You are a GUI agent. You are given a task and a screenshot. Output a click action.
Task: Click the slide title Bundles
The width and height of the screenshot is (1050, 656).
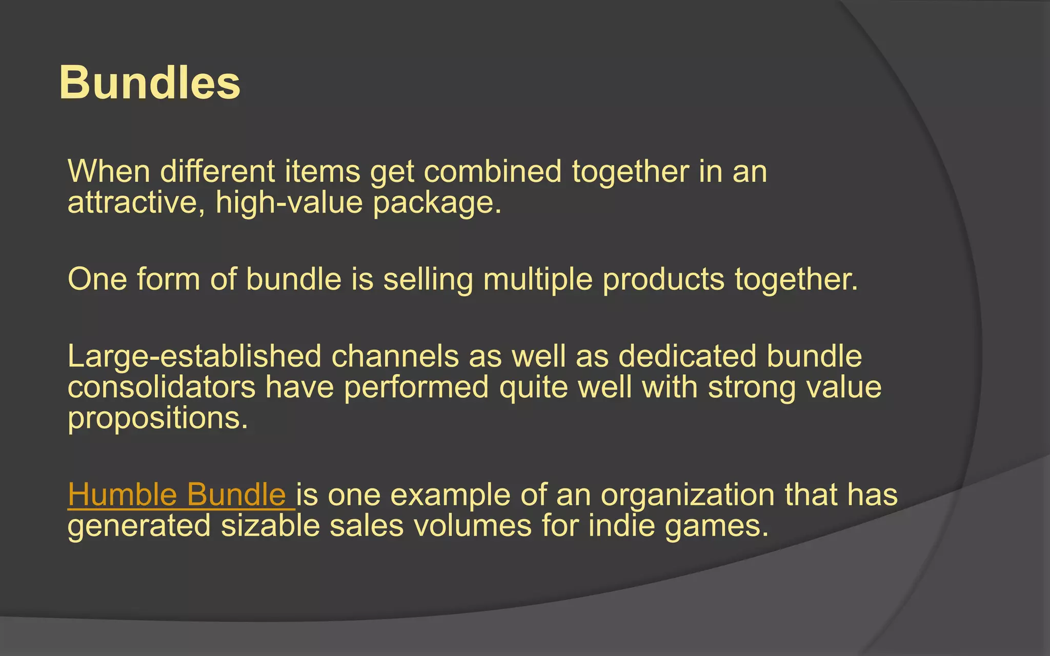(149, 83)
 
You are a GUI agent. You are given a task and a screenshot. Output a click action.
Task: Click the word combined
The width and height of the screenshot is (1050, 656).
(492, 171)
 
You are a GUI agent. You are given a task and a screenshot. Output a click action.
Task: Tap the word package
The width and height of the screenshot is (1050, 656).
(436, 203)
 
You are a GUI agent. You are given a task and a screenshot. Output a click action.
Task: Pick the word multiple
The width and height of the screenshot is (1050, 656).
(537, 279)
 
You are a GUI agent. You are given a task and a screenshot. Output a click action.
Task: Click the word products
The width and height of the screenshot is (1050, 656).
(663, 279)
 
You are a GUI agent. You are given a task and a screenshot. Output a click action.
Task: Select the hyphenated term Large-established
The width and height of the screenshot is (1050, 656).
(194, 356)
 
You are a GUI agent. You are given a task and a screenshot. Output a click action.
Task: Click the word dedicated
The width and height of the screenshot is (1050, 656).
(687, 356)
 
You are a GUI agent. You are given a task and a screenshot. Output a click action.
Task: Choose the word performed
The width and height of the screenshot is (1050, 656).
(416, 387)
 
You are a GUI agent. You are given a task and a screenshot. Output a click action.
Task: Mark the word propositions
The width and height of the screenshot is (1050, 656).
(157, 419)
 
